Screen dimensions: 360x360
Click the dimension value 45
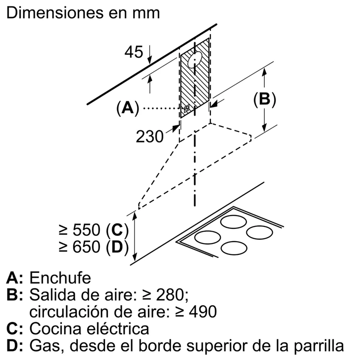click(134, 52)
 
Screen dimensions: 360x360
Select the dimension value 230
click(150, 136)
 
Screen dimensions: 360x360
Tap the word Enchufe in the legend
click(60, 278)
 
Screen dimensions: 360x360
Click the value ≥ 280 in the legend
click(165, 295)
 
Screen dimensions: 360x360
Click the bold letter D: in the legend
click(15, 345)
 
